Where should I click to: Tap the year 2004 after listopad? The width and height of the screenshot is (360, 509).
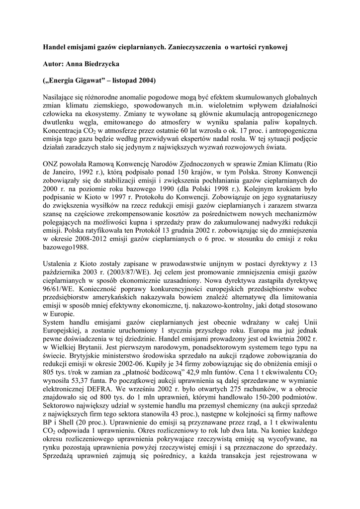click(x=144, y=81)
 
